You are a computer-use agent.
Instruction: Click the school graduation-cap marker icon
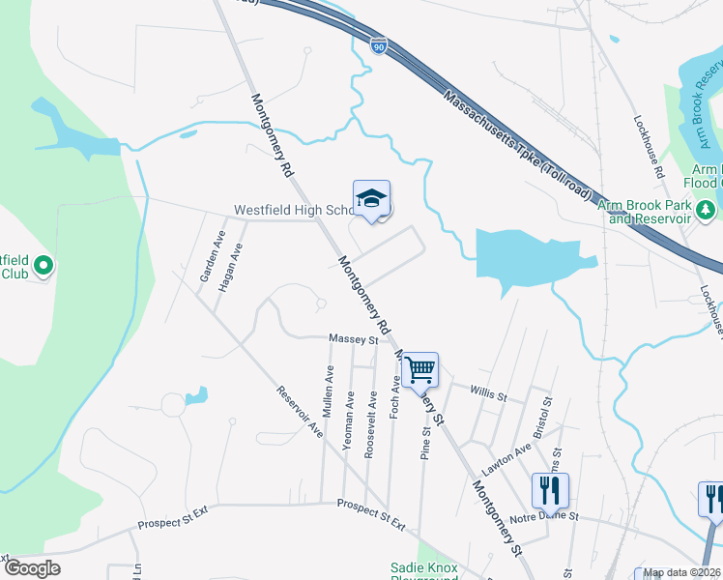tap(371, 198)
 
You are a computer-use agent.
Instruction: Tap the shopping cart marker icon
tap(419, 369)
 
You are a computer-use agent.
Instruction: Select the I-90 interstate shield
tap(378, 44)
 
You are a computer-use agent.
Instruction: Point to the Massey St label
tap(353, 339)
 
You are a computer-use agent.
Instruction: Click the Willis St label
tap(488, 394)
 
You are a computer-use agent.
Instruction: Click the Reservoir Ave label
tap(300, 412)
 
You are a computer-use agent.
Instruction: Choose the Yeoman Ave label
tap(349, 416)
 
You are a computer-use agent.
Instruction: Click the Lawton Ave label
tap(506, 456)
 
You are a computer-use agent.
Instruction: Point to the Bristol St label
tap(546, 413)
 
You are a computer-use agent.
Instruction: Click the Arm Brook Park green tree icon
tap(707, 210)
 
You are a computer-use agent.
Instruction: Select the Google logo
tap(32, 568)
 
